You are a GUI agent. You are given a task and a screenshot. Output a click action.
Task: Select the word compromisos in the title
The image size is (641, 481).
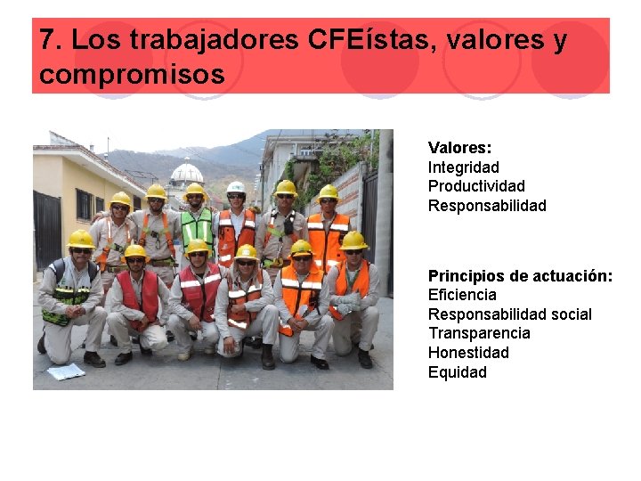(132, 75)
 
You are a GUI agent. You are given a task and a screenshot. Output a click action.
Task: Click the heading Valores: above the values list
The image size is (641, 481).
(459, 148)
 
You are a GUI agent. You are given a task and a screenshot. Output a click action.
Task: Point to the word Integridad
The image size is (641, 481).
(463, 167)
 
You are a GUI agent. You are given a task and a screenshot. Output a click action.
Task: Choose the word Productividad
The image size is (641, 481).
(476, 186)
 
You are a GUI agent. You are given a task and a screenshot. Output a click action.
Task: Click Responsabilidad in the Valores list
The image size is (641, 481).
(487, 206)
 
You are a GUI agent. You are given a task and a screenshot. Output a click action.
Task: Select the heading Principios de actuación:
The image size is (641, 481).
(520, 276)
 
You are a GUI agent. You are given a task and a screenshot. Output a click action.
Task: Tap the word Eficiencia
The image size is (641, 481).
(462, 295)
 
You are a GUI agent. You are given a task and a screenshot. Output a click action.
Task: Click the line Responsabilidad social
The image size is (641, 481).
(509, 314)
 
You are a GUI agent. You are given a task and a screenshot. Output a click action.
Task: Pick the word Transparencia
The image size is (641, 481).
(479, 333)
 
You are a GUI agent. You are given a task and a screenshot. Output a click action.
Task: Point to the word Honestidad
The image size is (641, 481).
(468, 353)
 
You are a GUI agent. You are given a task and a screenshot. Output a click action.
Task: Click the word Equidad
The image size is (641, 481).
(457, 372)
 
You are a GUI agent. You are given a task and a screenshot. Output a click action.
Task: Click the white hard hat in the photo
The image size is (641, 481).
(235, 188)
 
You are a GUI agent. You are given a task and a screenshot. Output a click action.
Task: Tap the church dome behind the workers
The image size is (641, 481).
(186, 172)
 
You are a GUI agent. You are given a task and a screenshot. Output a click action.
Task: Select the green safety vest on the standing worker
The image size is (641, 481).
(196, 227)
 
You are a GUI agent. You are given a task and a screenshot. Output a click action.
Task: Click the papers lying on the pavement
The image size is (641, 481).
(66, 371)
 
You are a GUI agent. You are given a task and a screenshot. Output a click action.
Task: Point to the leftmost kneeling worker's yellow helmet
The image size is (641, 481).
(80, 239)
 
